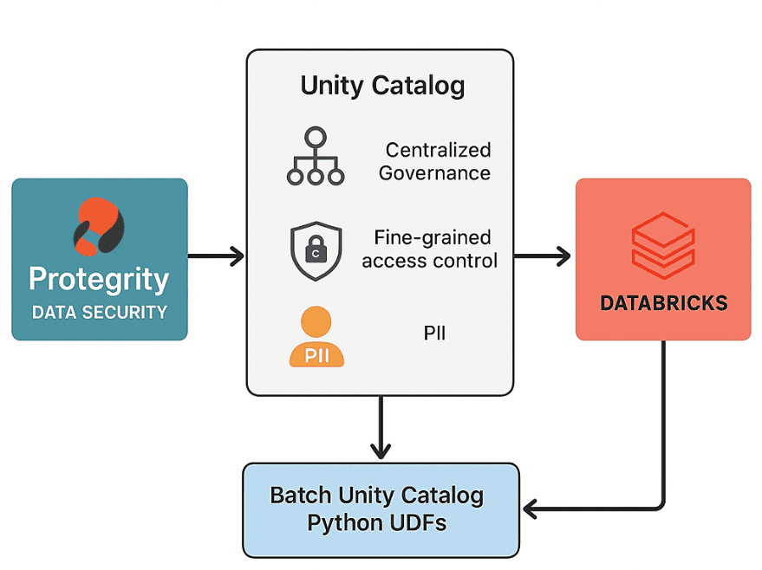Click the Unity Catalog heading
tap(382, 86)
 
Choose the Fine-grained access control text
tap(431, 249)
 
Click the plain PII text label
tap(434, 333)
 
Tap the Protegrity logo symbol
tap(99, 227)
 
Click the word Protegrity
tap(99, 280)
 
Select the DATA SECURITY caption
tap(99, 312)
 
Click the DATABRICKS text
tap(663, 303)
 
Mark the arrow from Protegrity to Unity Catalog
tap(216, 256)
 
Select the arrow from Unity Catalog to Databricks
tap(543, 256)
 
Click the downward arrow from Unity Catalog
tap(380, 428)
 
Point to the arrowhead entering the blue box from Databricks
tap(531, 508)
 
